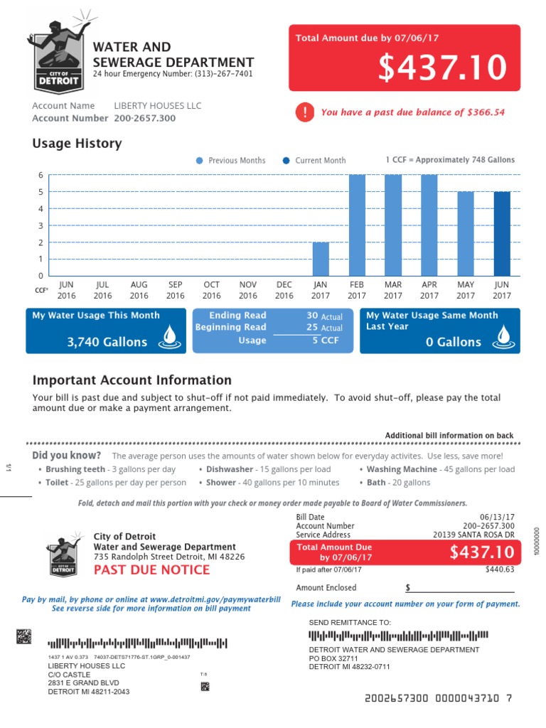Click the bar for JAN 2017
click(x=321, y=259)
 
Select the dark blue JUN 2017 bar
click(x=502, y=233)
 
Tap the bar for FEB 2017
click(x=357, y=225)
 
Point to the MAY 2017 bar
click(x=466, y=233)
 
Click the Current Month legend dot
click(x=287, y=161)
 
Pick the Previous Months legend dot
click(x=200, y=161)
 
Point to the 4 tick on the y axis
click(x=41, y=209)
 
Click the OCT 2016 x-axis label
click(x=212, y=290)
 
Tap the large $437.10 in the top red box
click(x=442, y=68)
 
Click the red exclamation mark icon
click(x=305, y=112)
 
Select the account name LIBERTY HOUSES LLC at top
click(x=158, y=106)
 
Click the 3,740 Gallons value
click(x=107, y=342)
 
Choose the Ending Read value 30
click(x=312, y=316)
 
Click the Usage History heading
click(x=77, y=144)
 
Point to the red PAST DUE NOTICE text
click(x=151, y=569)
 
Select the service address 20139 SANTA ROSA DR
click(x=473, y=535)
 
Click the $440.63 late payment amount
click(x=499, y=569)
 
